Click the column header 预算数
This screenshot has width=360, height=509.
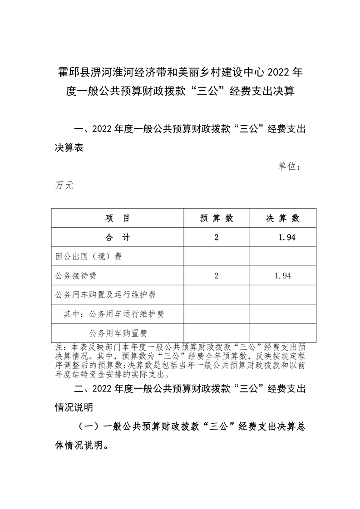tap(217, 218)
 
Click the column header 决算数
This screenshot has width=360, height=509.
tap(282, 218)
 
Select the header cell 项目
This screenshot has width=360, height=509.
tap(118, 218)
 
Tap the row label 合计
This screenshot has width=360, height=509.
tap(118, 237)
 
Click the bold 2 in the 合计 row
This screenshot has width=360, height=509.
tap(217, 237)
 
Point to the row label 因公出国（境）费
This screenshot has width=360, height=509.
tap(88, 256)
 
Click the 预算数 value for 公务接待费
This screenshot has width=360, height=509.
tap(217, 275)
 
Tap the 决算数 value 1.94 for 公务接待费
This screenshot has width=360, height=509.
tap(282, 275)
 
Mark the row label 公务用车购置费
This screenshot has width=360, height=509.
tap(118, 333)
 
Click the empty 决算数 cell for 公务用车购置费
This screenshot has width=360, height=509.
tap(282, 333)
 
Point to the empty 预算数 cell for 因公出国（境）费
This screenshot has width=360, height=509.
tap(217, 256)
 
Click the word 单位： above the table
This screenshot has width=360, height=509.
tap(290, 167)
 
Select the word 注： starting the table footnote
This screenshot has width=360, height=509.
tap(59, 347)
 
